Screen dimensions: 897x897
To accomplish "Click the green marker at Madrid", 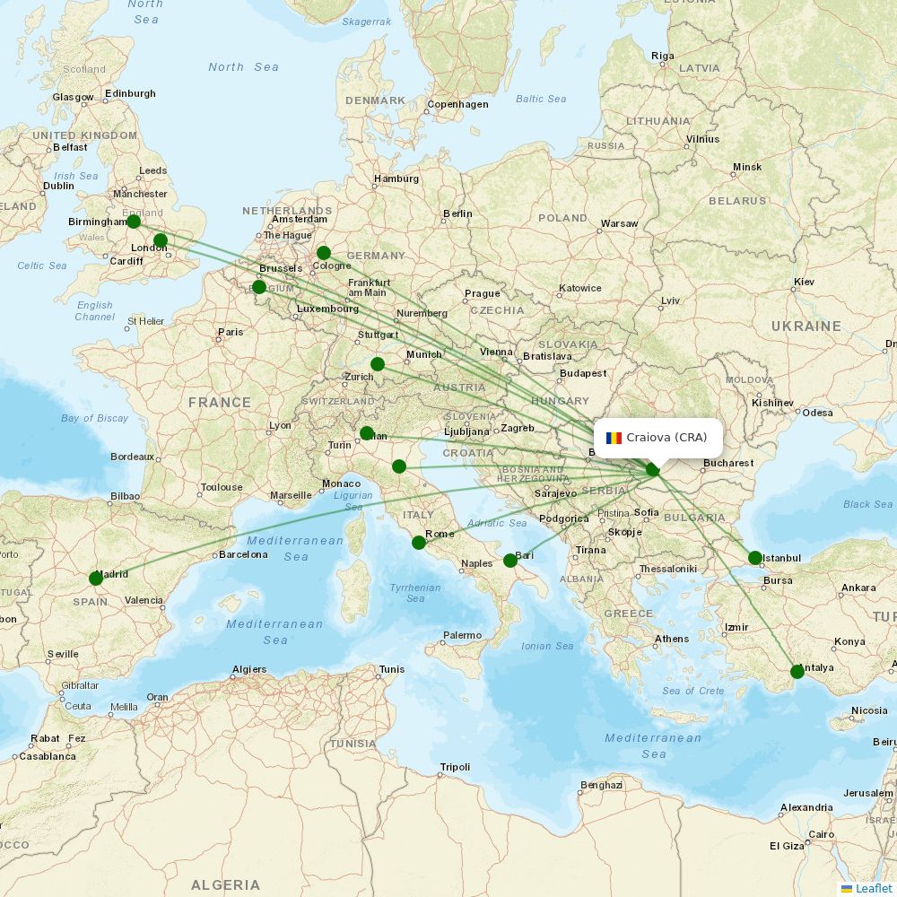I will pos(96,579).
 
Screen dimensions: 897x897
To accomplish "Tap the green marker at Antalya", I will pos(797,672).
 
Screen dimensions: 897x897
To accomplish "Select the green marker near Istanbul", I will pos(755,558).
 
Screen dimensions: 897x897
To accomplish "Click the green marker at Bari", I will pos(510,561).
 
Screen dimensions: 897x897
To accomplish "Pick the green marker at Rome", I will pos(419,543).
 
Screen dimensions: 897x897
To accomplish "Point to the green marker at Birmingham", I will pos(134,222).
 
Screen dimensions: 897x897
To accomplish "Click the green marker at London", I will pos(161,240).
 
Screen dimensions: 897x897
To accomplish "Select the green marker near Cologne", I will pos(324,253).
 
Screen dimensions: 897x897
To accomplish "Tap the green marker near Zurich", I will pos(378,364).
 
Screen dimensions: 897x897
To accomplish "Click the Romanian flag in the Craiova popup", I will pos(614,438).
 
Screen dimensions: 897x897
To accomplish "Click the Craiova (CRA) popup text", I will pos(666,438).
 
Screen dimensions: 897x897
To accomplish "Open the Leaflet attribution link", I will pos(873,888).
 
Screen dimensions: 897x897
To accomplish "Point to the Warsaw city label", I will pos(619,223).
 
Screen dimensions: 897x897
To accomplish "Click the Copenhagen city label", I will pos(457,104).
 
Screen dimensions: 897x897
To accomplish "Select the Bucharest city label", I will pos(728,464).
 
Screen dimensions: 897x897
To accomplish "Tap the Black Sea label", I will pos(868,504).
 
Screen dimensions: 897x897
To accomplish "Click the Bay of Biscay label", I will pos(95,418).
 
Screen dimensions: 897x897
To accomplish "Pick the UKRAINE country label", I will pos(806,327).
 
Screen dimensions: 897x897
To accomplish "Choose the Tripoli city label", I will pos(455,768).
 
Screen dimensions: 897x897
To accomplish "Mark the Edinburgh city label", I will pos(130,93).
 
